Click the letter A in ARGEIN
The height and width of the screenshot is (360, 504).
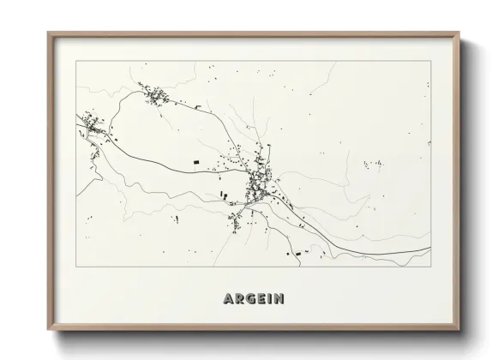click(x=228, y=300)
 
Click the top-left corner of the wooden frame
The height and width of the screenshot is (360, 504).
click(x=48, y=33)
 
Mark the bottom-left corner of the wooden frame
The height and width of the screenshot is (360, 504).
click(x=48, y=329)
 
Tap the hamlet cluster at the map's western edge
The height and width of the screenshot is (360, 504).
click(x=93, y=129)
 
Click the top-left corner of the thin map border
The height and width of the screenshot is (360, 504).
click(x=75, y=62)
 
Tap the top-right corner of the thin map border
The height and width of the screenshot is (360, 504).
click(x=430, y=62)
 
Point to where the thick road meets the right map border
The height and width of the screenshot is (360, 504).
click(x=430, y=249)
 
